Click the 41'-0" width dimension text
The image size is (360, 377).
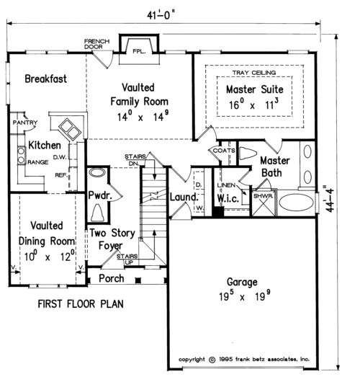pos(160,15)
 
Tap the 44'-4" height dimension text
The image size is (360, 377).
pos(330,198)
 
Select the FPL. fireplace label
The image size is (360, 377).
pos(139,51)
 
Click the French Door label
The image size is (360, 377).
pos(96,44)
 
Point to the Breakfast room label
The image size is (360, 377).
pos(46,79)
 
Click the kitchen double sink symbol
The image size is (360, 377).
pos(70,129)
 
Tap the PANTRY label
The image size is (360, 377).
pos(25,123)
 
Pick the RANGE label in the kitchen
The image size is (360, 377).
pos(38,162)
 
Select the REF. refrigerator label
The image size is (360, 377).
pos(61,175)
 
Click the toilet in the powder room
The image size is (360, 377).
pos(97,213)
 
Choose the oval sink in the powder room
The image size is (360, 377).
pos(96,172)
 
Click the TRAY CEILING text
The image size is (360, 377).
pos(254,72)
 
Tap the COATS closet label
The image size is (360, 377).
pos(224,151)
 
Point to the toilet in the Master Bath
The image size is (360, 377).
pos(248,153)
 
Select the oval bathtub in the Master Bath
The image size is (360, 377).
pos(297,203)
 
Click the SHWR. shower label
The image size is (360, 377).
pos(264,196)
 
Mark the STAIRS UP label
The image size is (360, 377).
pos(127,260)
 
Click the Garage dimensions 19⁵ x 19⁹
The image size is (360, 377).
pos(245,296)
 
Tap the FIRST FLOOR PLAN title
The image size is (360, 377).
pos(81,304)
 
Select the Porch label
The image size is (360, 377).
pos(112,278)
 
